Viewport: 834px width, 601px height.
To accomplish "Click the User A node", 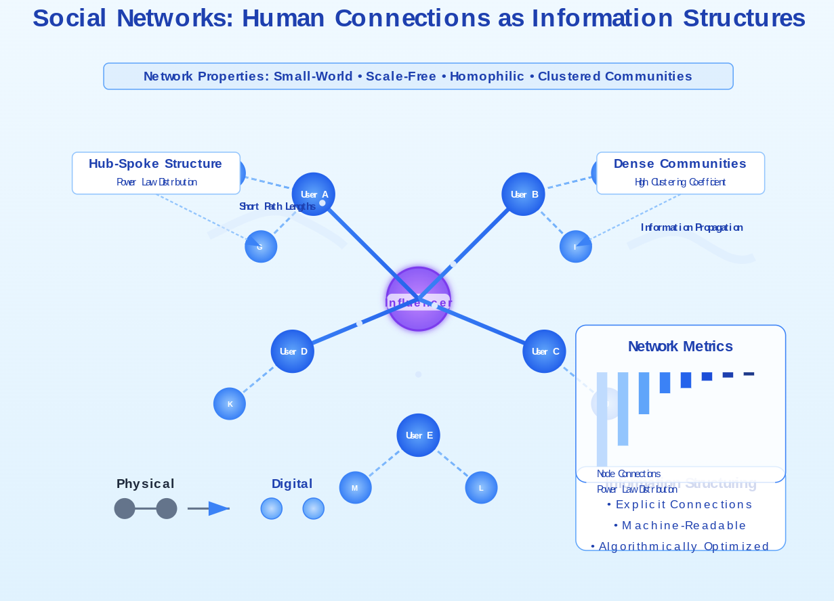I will click(x=314, y=194).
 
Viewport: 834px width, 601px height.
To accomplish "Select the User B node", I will click(x=524, y=194).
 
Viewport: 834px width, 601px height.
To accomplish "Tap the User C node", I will click(x=544, y=351).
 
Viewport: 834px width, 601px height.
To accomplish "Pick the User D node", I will click(x=293, y=351).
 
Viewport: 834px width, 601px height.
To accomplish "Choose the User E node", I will click(x=418, y=435).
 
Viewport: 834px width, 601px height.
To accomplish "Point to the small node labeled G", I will click(x=261, y=247).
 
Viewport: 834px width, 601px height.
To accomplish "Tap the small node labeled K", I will click(x=230, y=404).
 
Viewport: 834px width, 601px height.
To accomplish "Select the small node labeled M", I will click(x=355, y=488).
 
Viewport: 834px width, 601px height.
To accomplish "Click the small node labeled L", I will click(x=481, y=488).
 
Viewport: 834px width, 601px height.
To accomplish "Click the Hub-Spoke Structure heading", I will click(x=155, y=164).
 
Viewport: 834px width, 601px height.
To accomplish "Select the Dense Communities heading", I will click(x=680, y=164).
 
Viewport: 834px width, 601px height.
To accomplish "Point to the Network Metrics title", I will click(x=680, y=347).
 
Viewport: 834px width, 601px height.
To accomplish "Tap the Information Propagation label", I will click(x=692, y=227).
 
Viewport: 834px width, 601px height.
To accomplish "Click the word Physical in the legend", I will click(x=145, y=484).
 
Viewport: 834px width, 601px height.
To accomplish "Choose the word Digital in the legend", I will click(x=292, y=484).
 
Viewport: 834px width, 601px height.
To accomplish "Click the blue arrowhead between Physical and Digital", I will click(x=219, y=508).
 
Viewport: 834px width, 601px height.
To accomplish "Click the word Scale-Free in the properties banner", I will click(x=401, y=76).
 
